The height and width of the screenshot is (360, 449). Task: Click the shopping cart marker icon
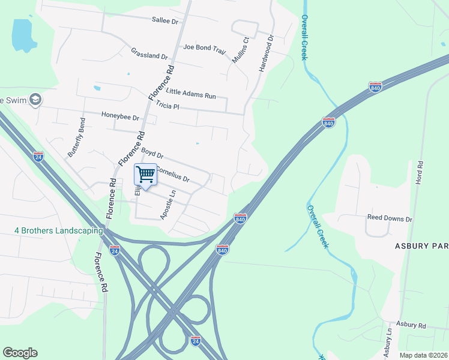pos(146,175)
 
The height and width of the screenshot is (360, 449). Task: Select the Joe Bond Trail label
pos(205,47)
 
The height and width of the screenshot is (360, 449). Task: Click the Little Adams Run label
pos(190,94)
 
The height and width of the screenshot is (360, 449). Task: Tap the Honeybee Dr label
pos(120,115)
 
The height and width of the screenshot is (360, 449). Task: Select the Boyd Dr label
pos(152,154)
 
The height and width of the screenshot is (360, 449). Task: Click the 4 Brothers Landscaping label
pos(59,230)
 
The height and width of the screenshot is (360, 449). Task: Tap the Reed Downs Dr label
pos(390,219)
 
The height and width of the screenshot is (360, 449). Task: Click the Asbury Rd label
pos(411,325)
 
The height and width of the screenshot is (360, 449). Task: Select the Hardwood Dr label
pos(266,53)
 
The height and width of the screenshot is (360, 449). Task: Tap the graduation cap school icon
pos(35,99)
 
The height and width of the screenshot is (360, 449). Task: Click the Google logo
pos(20,353)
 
